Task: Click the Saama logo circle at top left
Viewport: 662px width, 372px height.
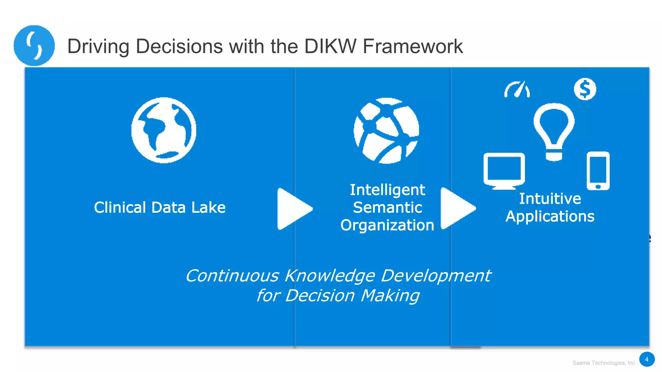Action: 34,46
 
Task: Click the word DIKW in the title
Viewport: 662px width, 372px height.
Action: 330,46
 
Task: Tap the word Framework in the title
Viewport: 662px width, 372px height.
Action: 413,46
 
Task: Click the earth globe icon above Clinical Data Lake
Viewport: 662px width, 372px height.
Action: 164,130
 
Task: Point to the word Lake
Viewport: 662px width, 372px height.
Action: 208,207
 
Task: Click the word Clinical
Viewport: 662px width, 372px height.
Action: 120,207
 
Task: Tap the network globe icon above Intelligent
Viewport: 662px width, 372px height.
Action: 386,131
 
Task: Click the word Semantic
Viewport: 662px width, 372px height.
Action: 387,207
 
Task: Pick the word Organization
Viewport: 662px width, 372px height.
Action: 387,225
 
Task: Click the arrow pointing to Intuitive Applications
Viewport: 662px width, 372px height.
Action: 457,208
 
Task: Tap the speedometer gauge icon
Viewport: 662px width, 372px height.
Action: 517,89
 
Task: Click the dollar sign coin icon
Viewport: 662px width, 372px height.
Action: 585,89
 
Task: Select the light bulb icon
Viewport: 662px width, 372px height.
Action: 554,131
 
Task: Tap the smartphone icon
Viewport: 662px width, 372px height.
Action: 598,171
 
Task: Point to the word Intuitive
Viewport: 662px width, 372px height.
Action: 550,199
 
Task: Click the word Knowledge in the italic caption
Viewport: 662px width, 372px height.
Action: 329,276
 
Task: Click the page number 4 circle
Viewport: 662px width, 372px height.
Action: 646,359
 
